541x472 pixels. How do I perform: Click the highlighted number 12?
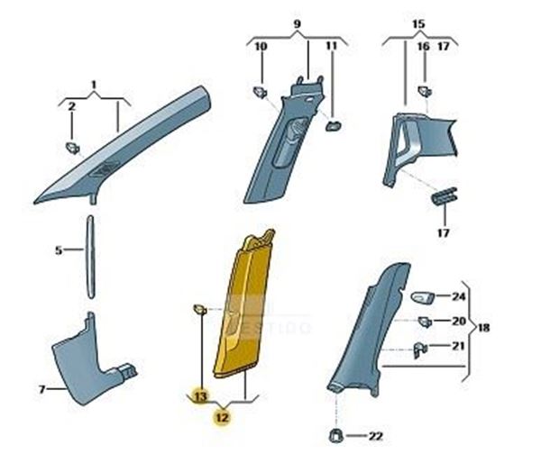[223, 418]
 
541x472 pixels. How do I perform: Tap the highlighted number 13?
[200, 396]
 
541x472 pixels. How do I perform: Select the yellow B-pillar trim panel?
[243, 305]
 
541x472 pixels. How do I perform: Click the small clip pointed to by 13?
[200, 309]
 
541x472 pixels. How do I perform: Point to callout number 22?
[376, 436]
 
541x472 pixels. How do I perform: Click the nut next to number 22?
[336, 436]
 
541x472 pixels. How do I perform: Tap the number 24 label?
[459, 296]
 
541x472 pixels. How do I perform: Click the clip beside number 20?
[425, 322]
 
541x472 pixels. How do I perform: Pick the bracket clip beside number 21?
[420, 349]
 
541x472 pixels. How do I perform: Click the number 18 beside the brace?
[483, 327]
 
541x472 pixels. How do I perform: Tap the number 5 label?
[59, 250]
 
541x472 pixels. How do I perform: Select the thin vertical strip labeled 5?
[90, 257]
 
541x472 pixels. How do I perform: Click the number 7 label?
[41, 390]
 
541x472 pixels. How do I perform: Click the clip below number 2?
[73, 149]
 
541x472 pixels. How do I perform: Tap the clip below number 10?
[261, 92]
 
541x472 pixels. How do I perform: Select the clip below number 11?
[334, 125]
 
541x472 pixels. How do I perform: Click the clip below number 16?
[426, 91]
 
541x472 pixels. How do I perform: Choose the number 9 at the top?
[297, 24]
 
